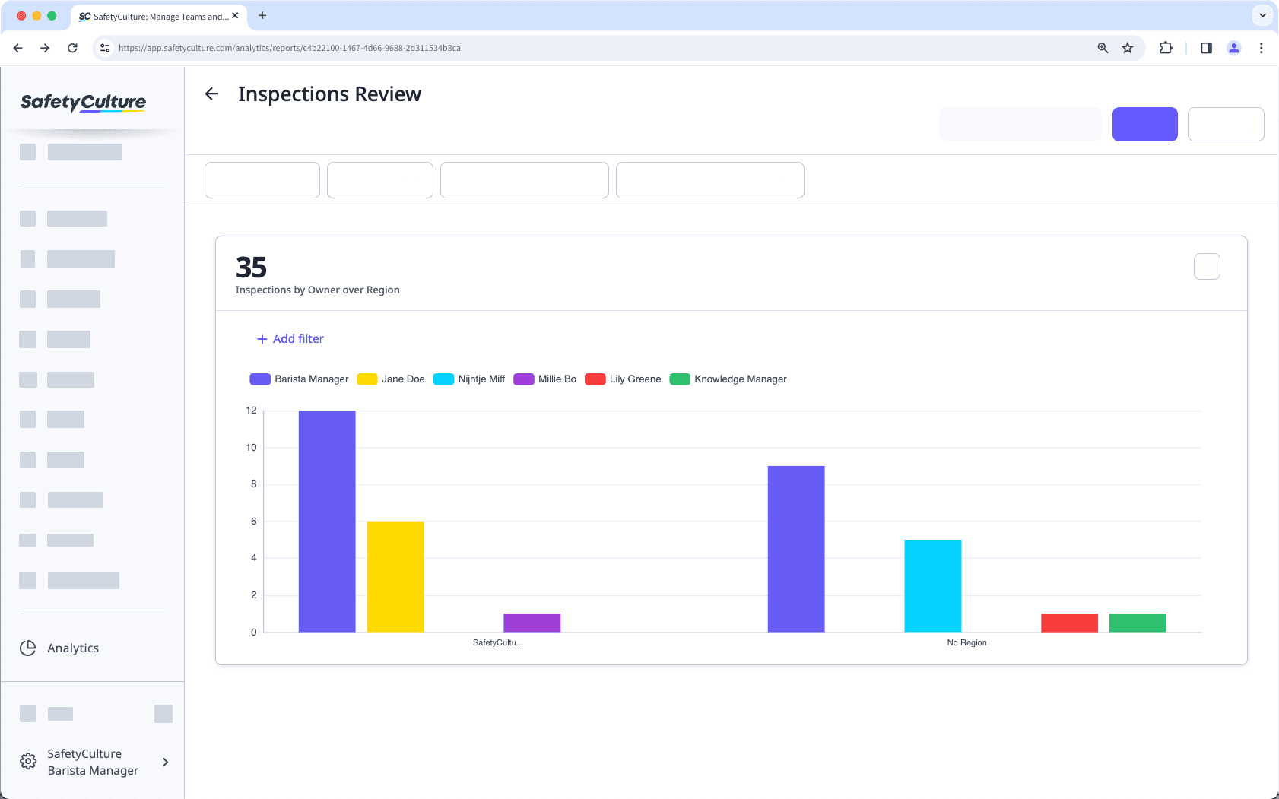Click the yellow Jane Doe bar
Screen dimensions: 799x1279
tap(395, 576)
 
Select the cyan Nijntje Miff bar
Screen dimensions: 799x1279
tap(932, 585)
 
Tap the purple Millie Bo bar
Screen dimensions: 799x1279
tap(532, 623)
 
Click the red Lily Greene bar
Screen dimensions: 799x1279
tap(1069, 623)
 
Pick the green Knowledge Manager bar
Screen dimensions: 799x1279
tap(1138, 623)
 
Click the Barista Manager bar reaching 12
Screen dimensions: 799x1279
tap(327, 521)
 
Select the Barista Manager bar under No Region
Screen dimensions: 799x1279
tap(796, 548)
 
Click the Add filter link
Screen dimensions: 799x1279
tap(290, 339)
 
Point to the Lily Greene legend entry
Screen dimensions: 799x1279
tap(623, 379)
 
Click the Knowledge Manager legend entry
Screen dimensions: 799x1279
tap(728, 379)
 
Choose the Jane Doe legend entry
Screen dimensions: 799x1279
tap(391, 379)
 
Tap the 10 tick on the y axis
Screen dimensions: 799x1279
tap(251, 448)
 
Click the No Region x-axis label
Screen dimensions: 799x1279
tap(966, 643)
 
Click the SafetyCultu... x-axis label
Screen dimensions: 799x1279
tap(497, 643)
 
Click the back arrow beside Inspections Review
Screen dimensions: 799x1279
tap(212, 94)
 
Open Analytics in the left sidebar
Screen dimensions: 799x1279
tap(73, 648)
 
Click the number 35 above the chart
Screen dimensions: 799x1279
tap(251, 268)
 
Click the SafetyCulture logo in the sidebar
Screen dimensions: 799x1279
tap(84, 103)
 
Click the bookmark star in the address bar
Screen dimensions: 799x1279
tap(1127, 48)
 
